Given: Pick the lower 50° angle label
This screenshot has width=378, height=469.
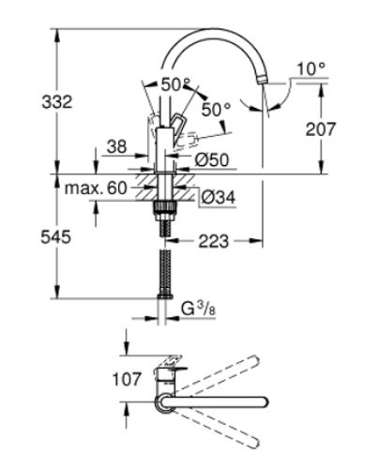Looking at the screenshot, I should pos(215,110).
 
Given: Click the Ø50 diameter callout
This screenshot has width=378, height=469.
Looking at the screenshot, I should pos(214,161).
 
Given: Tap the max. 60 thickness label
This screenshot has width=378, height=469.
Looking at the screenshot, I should pos(96,189).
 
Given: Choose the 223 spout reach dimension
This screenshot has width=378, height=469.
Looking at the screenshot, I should pos(216,242).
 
